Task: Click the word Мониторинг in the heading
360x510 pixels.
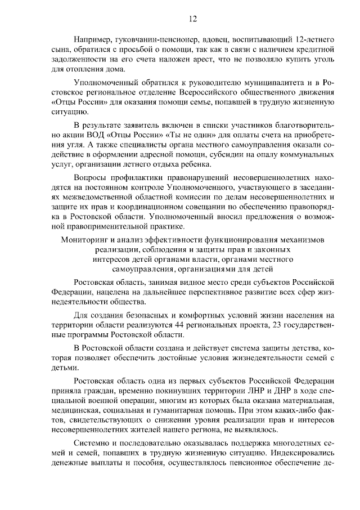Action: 84,240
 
